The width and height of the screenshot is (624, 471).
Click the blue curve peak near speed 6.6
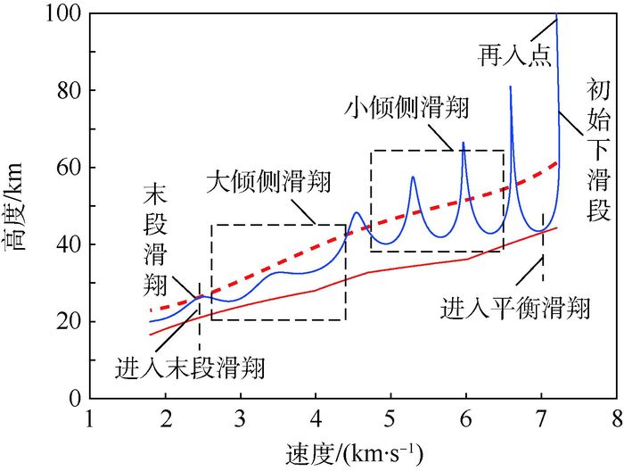(511, 87)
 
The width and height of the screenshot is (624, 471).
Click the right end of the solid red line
(557, 227)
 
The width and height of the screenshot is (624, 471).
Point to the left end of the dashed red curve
(151, 310)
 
